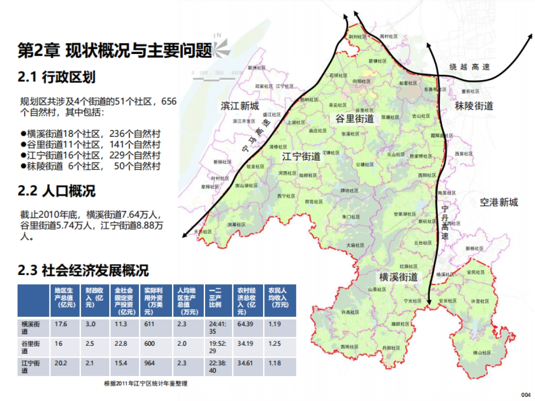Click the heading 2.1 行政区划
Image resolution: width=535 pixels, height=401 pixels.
(57, 78)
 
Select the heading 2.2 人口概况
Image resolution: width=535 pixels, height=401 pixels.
(57, 192)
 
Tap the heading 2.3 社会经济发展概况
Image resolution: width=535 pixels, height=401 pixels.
(83, 270)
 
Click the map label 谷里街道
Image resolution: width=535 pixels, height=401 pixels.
(355, 119)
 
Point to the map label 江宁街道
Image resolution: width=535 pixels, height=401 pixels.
(301, 157)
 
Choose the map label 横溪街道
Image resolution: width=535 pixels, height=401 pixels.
(399, 277)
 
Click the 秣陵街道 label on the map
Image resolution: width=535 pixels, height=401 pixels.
(474, 106)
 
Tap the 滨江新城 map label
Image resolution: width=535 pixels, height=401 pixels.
(239, 106)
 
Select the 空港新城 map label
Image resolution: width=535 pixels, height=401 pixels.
(499, 203)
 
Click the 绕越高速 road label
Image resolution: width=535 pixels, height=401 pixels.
(469, 67)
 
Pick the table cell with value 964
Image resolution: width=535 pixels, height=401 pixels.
(149, 363)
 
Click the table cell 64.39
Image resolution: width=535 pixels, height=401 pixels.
(245, 324)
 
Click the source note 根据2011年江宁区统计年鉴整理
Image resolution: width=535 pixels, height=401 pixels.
(145, 384)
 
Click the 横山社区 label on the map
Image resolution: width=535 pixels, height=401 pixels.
(481, 352)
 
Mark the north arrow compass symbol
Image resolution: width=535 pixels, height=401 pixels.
(219, 46)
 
